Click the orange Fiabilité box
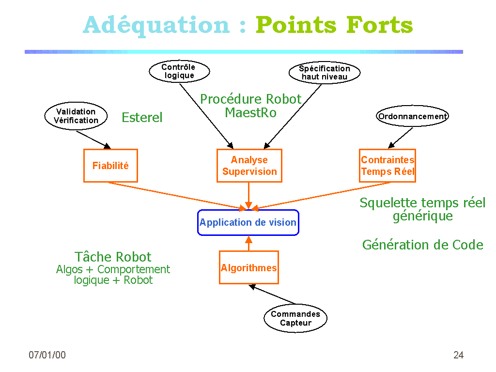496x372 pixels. (x=110, y=166)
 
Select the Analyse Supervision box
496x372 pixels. (x=249, y=166)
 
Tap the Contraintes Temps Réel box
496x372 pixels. (x=387, y=166)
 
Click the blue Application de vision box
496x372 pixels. (x=248, y=222)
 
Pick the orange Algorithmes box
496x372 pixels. (x=249, y=267)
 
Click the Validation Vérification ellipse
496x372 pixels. (x=76, y=116)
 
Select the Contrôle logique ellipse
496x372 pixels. (x=179, y=72)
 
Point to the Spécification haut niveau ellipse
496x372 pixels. (x=325, y=73)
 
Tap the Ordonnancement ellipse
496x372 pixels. (x=413, y=116)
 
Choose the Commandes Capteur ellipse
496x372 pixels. (x=295, y=319)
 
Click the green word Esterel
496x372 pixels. (x=142, y=118)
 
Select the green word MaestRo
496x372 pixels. (x=250, y=112)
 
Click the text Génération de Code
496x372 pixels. (x=422, y=245)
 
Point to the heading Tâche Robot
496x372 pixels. (x=113, y=257)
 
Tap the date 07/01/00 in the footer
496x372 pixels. (x=47, y=355)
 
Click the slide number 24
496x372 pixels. (x=458, y=355)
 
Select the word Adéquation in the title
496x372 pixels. (x=156, y=25)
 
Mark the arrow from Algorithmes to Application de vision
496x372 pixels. (x=249, y=244)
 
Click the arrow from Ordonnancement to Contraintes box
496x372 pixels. (x=401, y=138)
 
